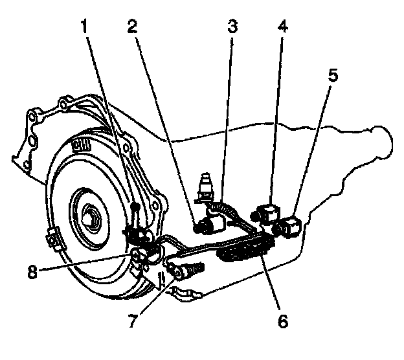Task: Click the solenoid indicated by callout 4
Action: (269, 212)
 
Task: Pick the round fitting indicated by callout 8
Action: (139, 258)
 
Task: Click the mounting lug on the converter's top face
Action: (80, 144)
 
